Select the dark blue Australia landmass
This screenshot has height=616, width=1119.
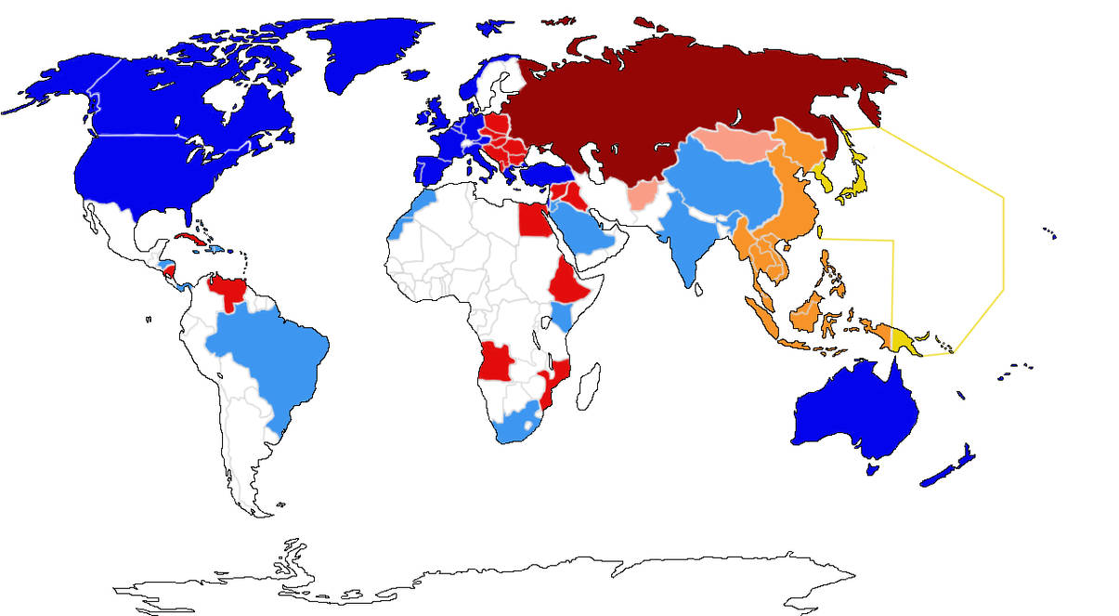[x=854, y=409]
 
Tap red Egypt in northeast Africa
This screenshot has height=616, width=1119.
[x=532, y=221]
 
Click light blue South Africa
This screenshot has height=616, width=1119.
[x=515, y=423]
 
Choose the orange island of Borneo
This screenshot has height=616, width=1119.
[x=808, y=311]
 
